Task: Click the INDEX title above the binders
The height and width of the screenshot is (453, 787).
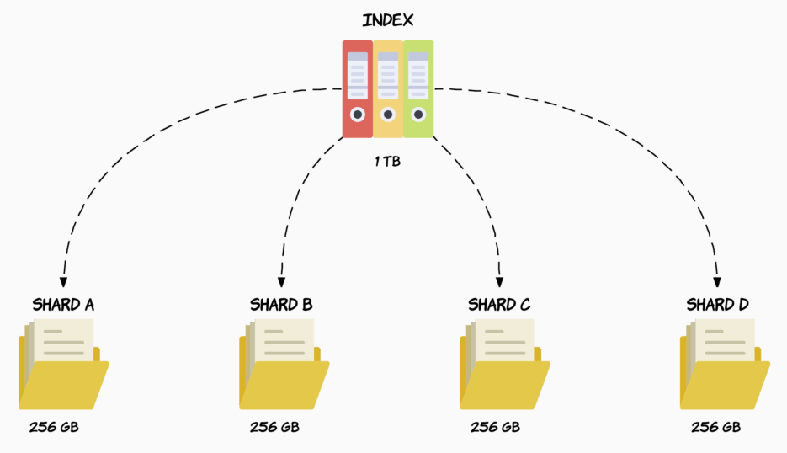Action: point(387,20)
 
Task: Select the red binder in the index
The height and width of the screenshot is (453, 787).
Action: point(357,89)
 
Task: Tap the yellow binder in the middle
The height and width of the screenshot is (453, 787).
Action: point(387,89)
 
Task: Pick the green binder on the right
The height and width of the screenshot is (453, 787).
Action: point(418,89)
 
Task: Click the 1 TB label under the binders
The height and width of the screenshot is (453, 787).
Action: point(387,160)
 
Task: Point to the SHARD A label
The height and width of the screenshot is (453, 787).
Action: point(62,304)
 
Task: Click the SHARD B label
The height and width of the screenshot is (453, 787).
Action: point(281,304)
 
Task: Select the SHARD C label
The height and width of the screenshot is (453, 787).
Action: point(499,304)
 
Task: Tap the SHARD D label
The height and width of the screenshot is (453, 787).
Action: point(717,304)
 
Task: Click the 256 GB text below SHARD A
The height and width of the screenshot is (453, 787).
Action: point(54,427)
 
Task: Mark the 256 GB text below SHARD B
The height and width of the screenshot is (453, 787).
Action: point(274,427)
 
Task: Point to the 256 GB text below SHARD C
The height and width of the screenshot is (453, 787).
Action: point(495,427)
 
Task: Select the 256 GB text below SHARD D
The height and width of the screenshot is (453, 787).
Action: point(715,427)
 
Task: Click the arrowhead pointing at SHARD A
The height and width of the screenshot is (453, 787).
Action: point(63,280)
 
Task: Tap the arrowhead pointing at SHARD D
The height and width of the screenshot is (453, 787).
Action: point(718,280)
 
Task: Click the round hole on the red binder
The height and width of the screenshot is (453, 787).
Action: point(358,115)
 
